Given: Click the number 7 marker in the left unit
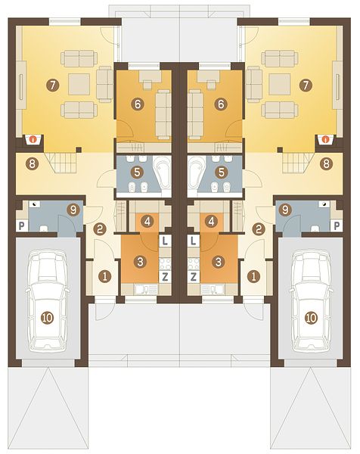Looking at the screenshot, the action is [x=52, y=85].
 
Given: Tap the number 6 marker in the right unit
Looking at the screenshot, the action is [x=221, y=104].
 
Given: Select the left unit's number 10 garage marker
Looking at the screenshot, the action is [x=47, y=318].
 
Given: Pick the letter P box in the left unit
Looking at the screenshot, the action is [x=22, y=225].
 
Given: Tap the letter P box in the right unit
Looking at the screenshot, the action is [x=337, y=225].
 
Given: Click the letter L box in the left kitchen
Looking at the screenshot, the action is [x=165, y=241].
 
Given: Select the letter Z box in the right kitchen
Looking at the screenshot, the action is [x=194, y=277].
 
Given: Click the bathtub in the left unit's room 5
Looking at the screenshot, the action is [x=162, y=175].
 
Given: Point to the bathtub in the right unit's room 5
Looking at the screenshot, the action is [x=197, y=175].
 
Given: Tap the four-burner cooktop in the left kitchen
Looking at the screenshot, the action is [x=165, y=263].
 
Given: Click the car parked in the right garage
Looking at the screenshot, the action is [x=311, y=300].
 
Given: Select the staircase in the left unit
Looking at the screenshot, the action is [x=61, y=163].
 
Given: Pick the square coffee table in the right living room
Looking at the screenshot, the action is [x=280, y=84].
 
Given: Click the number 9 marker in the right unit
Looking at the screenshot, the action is [x=285, y=210].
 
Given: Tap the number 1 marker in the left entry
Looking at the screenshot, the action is [x=105, y=276].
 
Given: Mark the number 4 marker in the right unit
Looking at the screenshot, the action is [x=211, y=222].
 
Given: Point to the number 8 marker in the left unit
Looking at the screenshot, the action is [x=32, y=164].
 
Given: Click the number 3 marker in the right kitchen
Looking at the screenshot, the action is [x=219, y=262].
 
